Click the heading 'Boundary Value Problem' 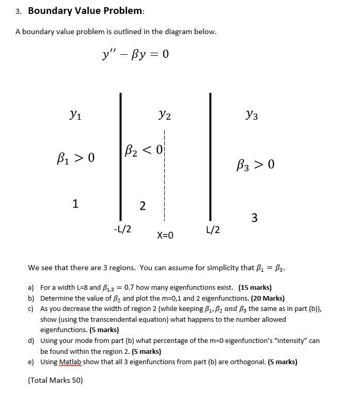point(85,11)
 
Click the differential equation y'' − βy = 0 point(136,54)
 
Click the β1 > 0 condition point(75,157)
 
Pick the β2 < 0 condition point(143,151)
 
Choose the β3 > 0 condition point(255,165)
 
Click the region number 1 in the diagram point(75,203)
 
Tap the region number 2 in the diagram point(143,206)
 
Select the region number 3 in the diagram point(254,218)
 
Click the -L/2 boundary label point(122,229)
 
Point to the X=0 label point(165,236)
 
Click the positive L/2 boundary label point(213,229)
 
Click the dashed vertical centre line point(165,176)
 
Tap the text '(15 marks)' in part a point(255,287)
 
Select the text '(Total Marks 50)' point(55,380)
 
